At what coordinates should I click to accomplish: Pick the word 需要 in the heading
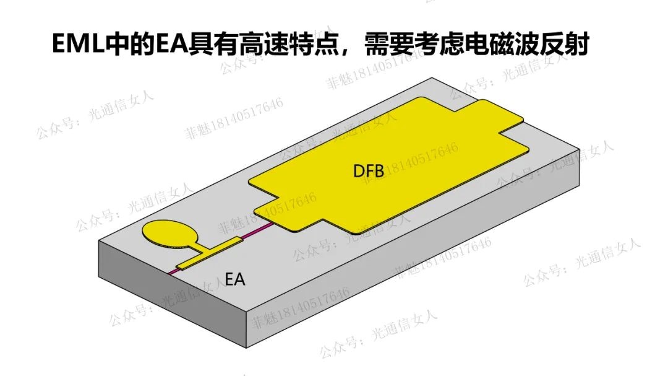click(388, 45)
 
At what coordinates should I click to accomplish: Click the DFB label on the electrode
click(369, 172)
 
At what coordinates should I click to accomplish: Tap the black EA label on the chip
click(234, 280)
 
